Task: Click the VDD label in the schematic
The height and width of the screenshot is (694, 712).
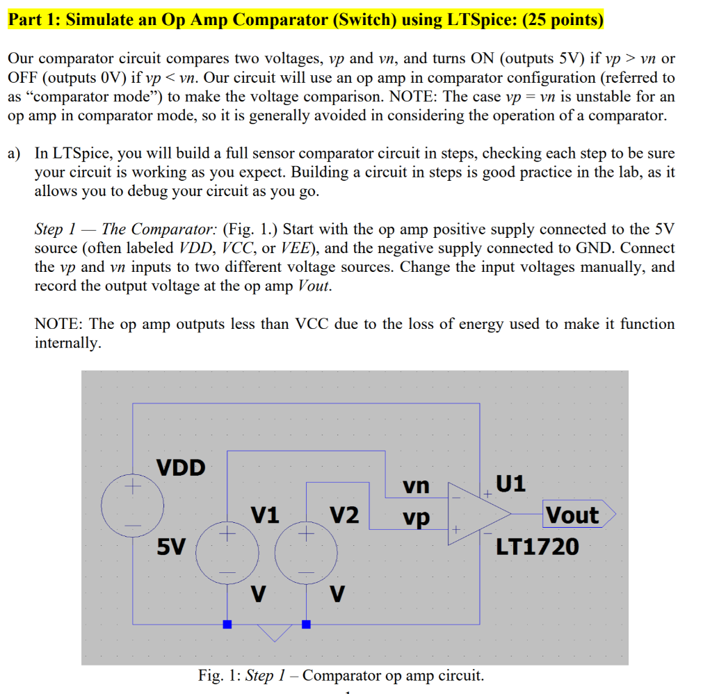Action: [x=181, y=467]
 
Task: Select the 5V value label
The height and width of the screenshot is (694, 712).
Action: [x=171, y=548]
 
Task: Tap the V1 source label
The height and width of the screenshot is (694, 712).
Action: [x=265, y=515]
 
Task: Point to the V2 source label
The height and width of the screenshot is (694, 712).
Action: [x=344, y=515]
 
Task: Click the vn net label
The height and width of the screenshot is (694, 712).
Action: [x=416, y=485]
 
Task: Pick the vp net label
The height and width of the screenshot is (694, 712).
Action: [x=416, y=518]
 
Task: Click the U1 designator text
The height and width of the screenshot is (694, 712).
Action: [x=511, y=483]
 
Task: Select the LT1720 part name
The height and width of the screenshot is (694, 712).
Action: [x=537, y=547]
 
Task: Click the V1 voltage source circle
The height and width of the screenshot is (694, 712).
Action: [x=227, y=554]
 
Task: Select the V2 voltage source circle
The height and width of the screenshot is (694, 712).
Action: [x=306, y=554]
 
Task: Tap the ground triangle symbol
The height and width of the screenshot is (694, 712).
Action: [x=274, y=632]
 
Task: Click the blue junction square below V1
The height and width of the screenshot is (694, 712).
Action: [x=227, y=624]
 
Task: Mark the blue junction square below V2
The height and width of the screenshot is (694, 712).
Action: [x=306, y=624]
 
